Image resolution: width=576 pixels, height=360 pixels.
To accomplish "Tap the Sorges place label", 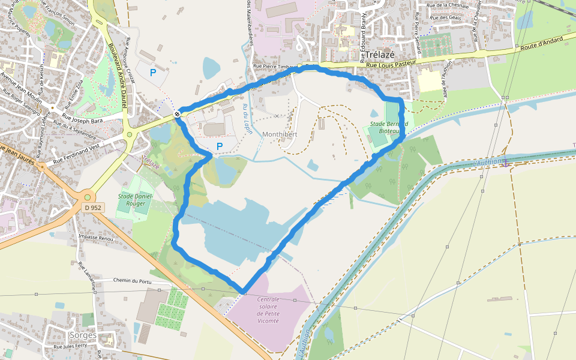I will click(83, 335).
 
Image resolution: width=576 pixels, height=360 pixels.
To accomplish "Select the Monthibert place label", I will click(280, 134).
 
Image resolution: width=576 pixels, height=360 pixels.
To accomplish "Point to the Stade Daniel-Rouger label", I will click(136, 200).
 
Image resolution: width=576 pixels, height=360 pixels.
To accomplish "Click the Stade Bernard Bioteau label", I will click(389, 127).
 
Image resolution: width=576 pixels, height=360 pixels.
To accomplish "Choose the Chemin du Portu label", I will click(131, 280).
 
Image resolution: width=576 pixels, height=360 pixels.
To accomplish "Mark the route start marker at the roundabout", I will click(178, 114).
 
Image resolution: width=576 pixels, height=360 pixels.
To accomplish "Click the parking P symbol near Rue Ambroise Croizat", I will click(153, 72).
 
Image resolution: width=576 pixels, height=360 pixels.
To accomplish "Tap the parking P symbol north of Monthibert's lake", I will click(220, 146).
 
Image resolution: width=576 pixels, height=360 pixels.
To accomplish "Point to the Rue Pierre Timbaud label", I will click(275, 66).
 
